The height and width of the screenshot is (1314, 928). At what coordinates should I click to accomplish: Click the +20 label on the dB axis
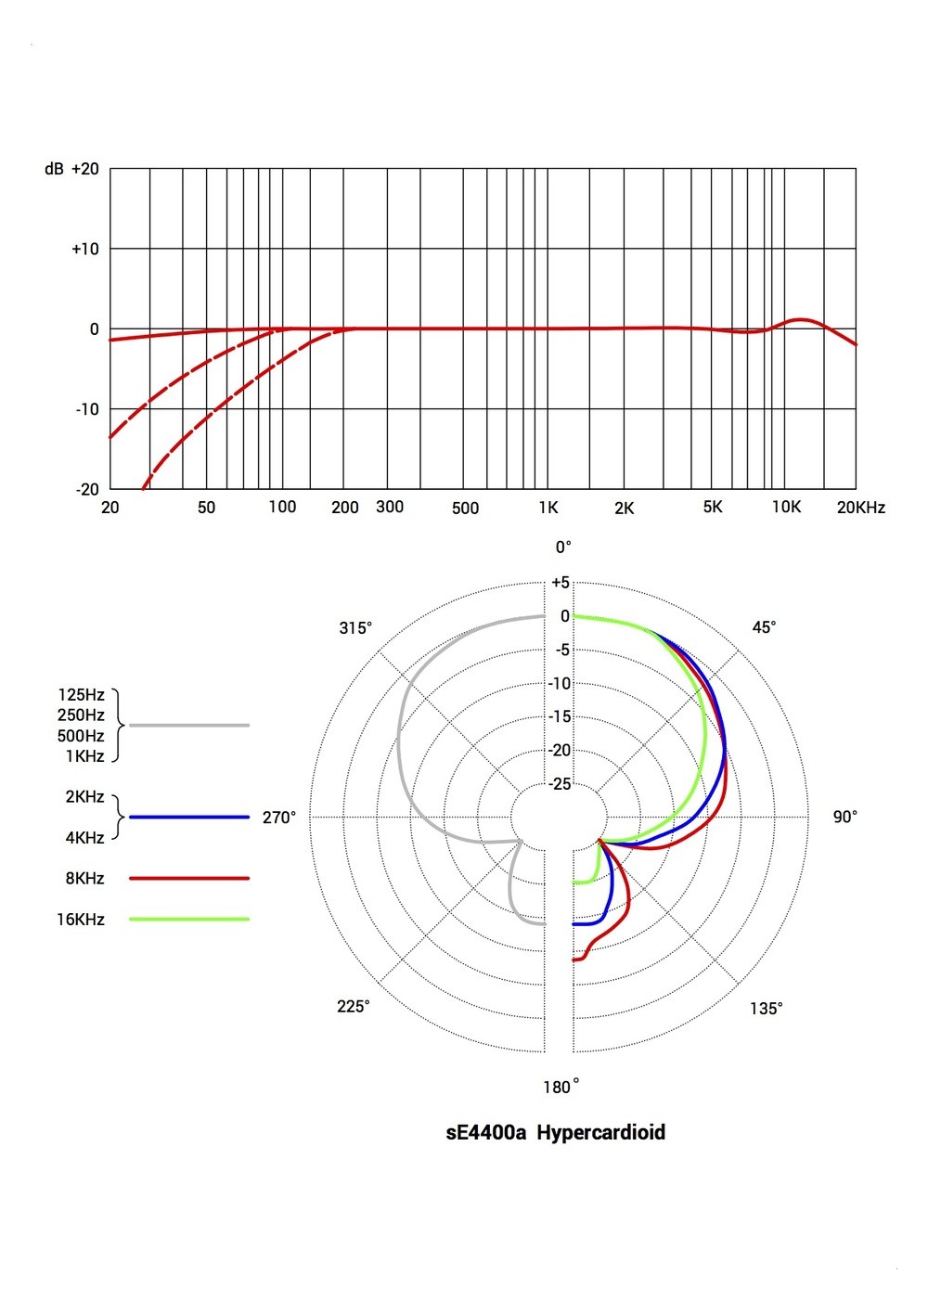(x=84, y=169)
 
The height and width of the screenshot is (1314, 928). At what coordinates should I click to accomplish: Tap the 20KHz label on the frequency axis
(x=860, y=508)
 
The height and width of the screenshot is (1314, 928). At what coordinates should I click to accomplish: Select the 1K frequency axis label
(x=548, y=508)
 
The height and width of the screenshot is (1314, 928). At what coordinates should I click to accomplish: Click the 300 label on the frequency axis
(x=390, y=507)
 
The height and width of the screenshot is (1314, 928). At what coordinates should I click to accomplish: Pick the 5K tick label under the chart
(x=713, y=507)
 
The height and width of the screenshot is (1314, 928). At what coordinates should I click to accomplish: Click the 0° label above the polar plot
(x=563, y=547)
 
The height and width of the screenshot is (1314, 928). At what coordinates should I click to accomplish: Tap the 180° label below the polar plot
(x=561, y=1087)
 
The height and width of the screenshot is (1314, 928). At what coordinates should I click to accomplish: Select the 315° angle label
(x=355, y=628)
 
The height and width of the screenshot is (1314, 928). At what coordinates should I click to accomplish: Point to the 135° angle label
(x=767, y=1009)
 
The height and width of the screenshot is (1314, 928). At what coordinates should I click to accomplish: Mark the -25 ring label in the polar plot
(x=560, y=784)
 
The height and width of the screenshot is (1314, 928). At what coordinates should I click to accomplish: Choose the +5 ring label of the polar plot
(x=561, y=583)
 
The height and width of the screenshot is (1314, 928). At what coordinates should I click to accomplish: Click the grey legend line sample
(x=189, y=725)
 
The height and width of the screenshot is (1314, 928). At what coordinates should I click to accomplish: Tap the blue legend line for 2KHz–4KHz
(x=189, y=817)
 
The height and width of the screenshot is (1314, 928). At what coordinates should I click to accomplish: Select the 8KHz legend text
(x=84, y=879)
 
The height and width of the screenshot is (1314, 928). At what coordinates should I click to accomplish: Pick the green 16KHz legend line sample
(x=189, y=920)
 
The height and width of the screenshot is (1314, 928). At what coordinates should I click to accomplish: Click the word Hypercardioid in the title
(x=600, y=1132)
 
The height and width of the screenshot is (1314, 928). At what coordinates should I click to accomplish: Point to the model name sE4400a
(x=486, y=1132)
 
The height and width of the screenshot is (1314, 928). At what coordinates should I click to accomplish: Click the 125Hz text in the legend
(x=82, y=695)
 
